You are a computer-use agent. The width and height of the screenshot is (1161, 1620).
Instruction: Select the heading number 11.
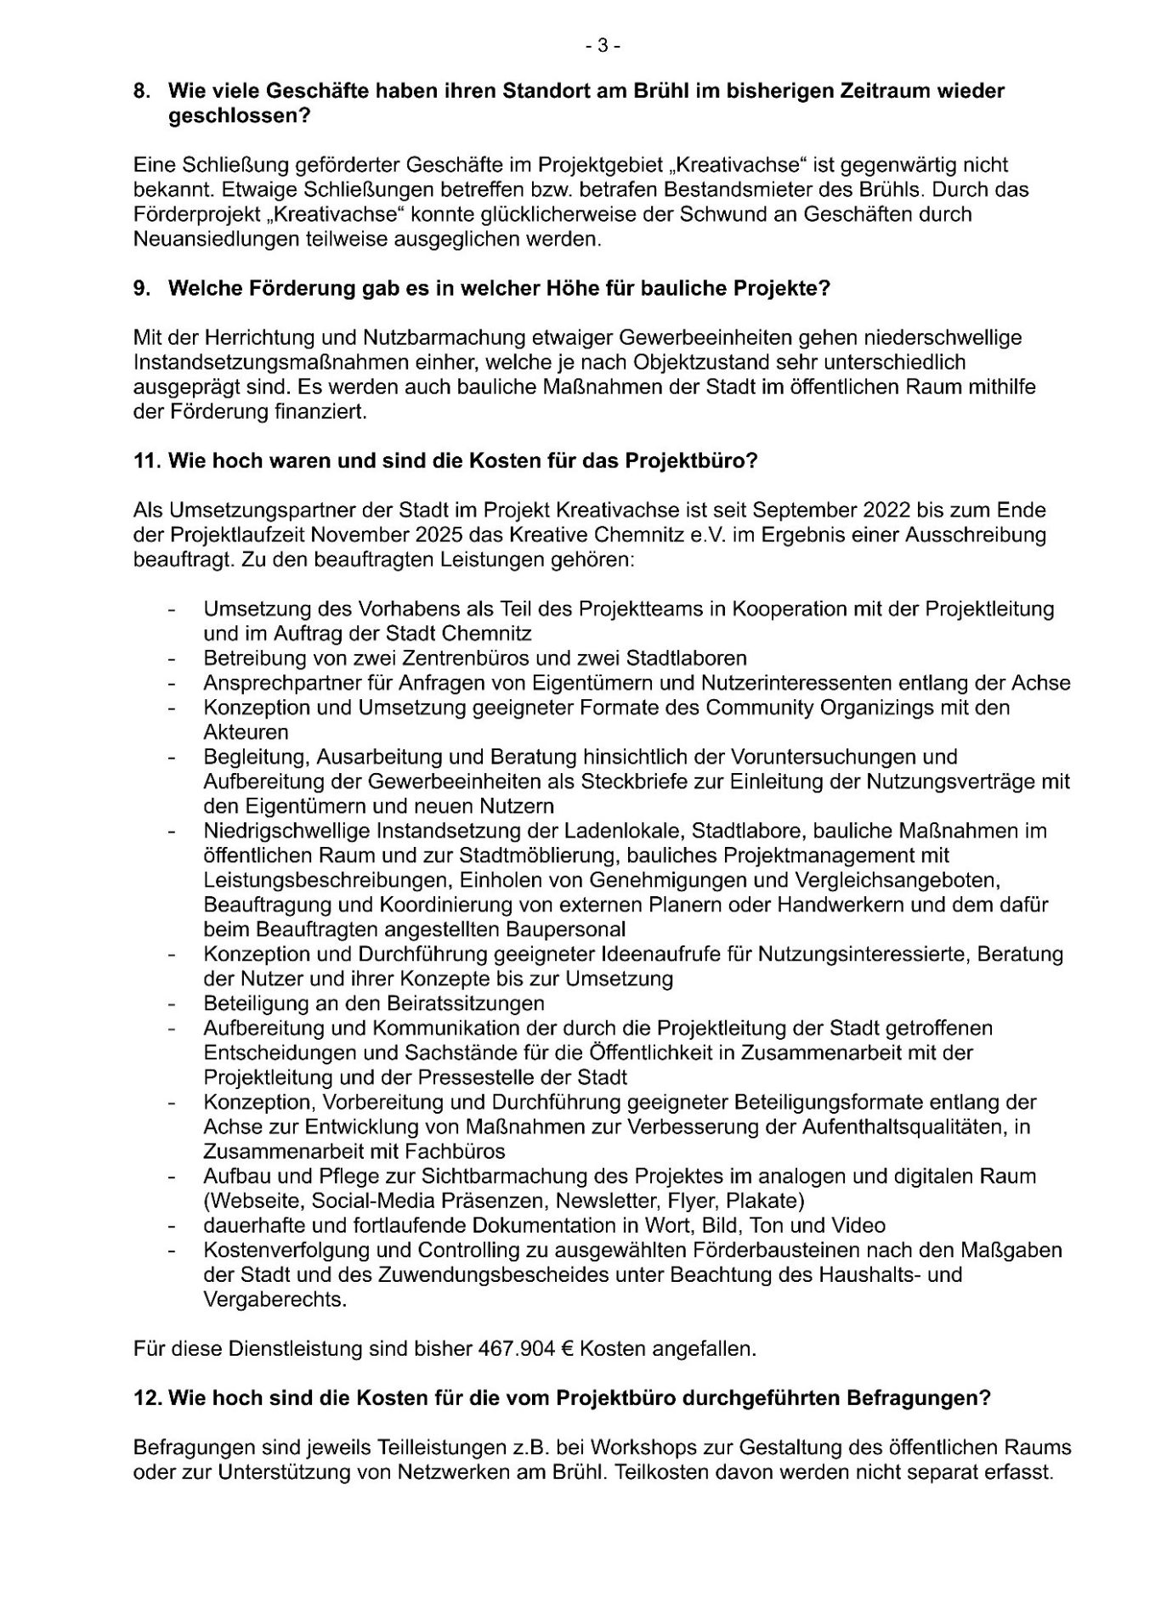147,461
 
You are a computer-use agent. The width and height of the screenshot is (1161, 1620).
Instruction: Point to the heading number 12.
147,1398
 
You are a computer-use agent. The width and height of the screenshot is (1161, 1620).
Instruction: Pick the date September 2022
822,511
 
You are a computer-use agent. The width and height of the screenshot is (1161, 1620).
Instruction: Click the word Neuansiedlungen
222,239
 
